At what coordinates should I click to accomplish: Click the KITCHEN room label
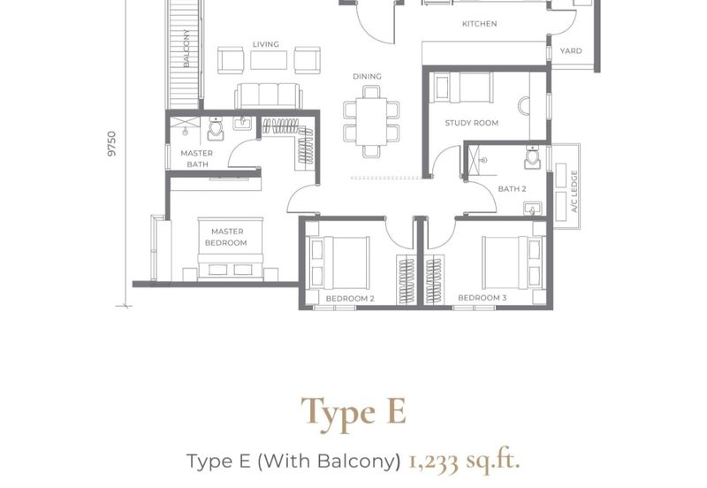tap(479, 24)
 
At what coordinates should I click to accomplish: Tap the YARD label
tap(571, 51)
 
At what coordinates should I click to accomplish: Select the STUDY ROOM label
tap(472, 123)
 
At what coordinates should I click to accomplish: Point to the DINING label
tap(367, 76)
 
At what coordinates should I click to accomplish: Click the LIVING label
tap(266, 44)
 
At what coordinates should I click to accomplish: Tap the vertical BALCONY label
tap(186, 49)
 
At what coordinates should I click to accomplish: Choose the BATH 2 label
tap(512, 188)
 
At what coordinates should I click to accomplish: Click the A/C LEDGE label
tap(574, 191)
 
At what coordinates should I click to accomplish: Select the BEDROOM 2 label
tap(350, 298)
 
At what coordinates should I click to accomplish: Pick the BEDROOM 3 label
tap(482, 298)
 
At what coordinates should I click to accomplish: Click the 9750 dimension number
tap(112, 143)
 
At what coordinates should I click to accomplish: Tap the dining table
tap(371, 122)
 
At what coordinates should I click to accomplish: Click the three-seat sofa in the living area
tap(269, 95)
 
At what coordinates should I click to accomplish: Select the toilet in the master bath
tap(215, 128)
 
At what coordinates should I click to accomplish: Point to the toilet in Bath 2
tap(533, 157)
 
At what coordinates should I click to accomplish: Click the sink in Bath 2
tap(533, 209)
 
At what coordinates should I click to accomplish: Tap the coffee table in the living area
tap(269, 60)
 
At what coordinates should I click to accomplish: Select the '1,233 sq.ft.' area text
tap(464, 461)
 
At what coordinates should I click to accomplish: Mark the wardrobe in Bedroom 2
tap(406, 279)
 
